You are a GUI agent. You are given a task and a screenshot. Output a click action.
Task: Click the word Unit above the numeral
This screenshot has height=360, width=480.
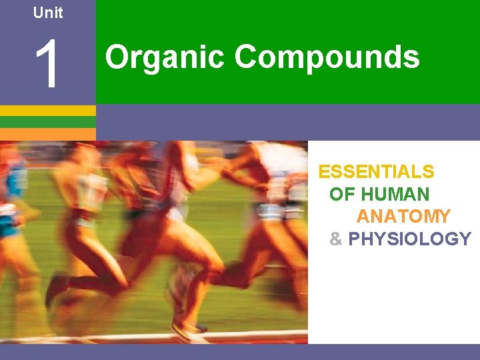pyautogui.click(x=48, y=13)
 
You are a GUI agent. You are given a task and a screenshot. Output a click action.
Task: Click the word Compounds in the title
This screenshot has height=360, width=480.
pyautogui.click(x=327, y=57)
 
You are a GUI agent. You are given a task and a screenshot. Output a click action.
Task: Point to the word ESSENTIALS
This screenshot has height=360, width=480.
pyautogui.click(x=376, y=172)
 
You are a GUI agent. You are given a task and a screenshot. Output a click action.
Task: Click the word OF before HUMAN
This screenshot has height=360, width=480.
pyautogui.click(x=342, y=195)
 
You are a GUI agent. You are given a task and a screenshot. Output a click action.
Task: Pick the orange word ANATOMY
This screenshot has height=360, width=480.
pyautogui.click(x=403, y=217)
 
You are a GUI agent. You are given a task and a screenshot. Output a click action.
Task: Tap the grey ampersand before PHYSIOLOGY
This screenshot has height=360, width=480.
pyautogui.click(x=335, y=239)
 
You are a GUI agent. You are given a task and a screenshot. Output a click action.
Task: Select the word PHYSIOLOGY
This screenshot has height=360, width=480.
pyautogui.click(x=409, y=239)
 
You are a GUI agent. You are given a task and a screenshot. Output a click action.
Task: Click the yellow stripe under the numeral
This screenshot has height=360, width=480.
pyautogui.click(x=48, y=111)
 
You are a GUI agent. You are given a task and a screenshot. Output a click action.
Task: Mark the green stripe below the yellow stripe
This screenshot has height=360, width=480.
pyautogui.click(x=48, y=122)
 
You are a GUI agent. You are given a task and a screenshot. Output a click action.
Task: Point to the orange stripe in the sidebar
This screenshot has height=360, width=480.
pyautogui.click(x=48, y=133)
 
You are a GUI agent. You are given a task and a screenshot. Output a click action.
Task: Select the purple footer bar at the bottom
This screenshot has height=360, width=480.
pyautogui.click(x=240, y=352)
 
